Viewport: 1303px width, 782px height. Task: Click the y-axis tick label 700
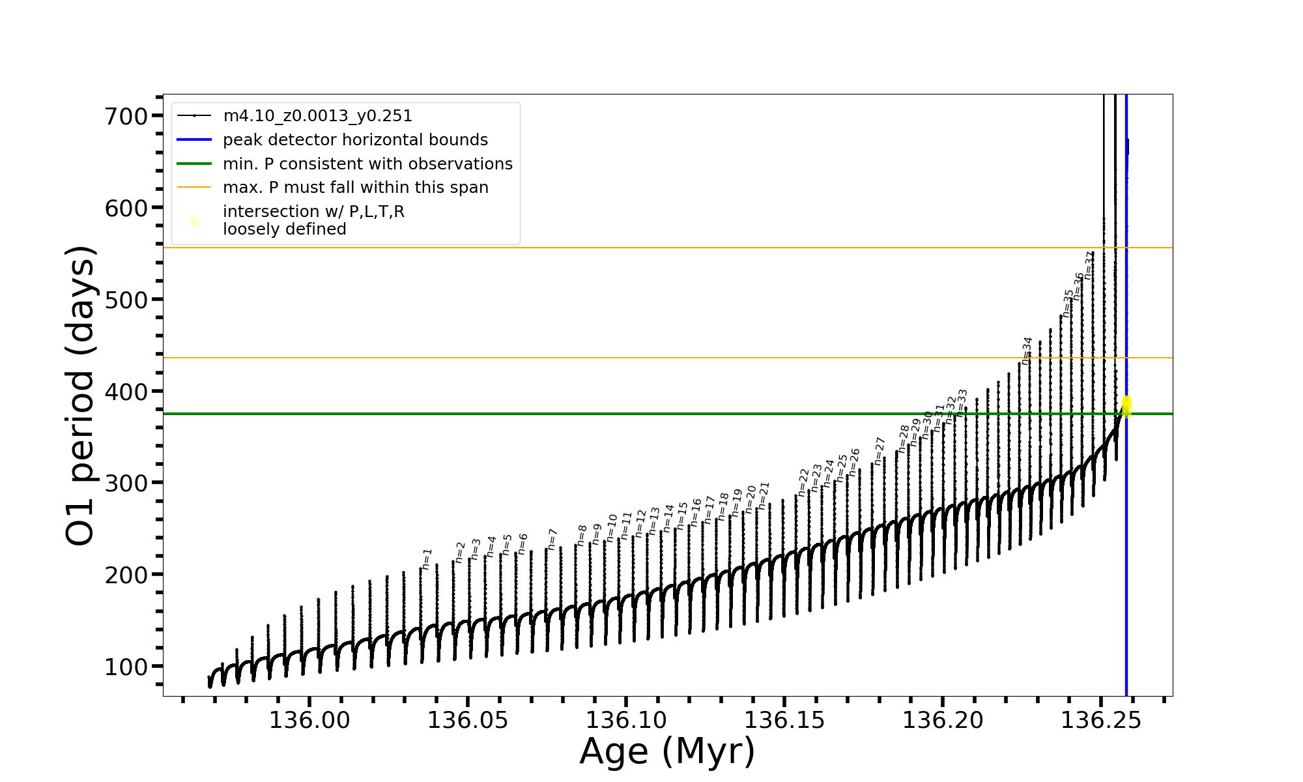[126, 117]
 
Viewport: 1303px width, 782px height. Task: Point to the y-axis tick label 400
[126, 392]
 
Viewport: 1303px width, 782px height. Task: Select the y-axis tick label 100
[126, 667]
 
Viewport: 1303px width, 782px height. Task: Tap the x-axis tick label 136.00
[309, 720]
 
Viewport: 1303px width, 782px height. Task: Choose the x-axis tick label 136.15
[784, 720]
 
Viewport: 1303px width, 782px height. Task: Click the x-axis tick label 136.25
[1101, 720]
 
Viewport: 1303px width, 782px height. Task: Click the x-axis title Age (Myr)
[667, 751]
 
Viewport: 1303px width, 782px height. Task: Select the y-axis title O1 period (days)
[81, 396]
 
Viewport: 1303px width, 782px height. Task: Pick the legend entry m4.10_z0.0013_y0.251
[317, 116]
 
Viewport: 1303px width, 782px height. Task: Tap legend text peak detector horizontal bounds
[355, 140]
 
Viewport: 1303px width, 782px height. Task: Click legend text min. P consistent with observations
[367, 164]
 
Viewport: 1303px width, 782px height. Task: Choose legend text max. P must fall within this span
[355, 188]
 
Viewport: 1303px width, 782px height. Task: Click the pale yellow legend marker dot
[194, 222]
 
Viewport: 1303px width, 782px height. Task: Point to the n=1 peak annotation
[427, 559]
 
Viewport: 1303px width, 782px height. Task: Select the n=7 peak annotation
[552, 540]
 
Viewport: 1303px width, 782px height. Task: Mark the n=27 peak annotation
[880, 451]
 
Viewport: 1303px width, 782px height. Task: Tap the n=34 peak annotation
[1027, 351]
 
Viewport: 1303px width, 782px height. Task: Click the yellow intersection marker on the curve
[1126, 406]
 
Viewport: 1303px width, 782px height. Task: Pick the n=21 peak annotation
[764, 496]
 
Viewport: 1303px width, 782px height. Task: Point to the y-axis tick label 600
[126, 209]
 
